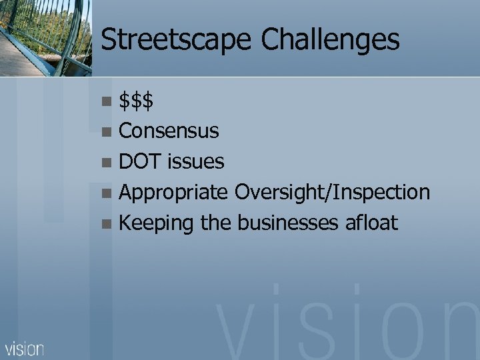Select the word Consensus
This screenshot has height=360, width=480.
pos(169,131)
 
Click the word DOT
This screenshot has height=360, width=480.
pos(141,161)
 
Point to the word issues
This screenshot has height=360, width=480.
pos(196,161)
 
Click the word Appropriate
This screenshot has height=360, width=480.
pos(173,193)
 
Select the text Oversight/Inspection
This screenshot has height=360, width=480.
pos(332,193)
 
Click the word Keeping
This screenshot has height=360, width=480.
pos(156,223)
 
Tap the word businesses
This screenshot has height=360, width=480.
pos(285,223)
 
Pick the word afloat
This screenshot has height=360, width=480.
pos(371,223)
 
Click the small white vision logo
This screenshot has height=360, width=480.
pos(25,349)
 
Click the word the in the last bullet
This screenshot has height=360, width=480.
pos(215,223)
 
